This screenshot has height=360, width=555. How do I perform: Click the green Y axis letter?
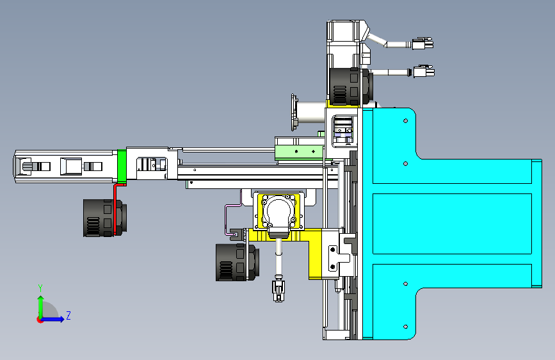(40, 288)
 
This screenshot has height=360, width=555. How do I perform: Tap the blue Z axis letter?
(68, 315)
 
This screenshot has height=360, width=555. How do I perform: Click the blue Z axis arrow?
(53, 319)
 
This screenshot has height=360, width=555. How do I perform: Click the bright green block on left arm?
(122, 166)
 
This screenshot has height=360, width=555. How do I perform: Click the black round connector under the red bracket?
(104, 218)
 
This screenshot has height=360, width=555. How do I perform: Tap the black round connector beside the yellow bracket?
(237, 262)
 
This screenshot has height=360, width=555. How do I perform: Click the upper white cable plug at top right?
(422, 44)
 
